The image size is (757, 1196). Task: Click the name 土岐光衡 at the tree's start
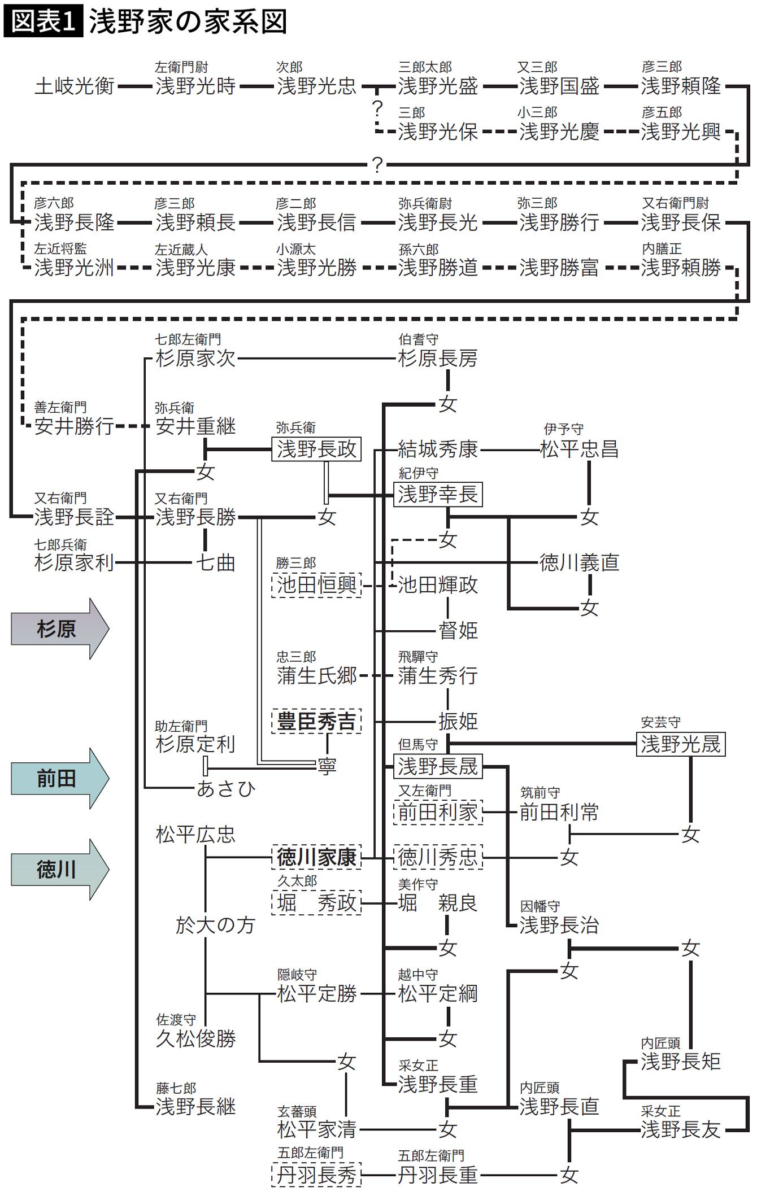pos(75,86)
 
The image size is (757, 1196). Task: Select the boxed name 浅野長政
pos(316,449)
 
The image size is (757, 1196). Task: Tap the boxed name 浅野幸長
pos(438,495)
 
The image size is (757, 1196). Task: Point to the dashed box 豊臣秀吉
pos(316,721)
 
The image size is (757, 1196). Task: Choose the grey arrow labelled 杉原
pos(59,628)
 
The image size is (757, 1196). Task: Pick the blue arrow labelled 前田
pos(59,779)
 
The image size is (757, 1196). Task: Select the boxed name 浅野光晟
pos(680,744)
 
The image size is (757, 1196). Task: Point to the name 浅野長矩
pos(680,1062)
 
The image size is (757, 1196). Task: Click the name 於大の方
pos(215,926)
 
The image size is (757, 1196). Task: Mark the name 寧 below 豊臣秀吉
pos(327,766)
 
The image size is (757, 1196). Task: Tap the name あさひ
pos(226,789)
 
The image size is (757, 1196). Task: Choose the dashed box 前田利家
pos(438,813)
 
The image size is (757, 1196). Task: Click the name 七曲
pos(215,563)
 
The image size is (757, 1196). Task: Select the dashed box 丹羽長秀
pos(316,1175)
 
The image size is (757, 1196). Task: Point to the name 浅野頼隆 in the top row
pos(680,86)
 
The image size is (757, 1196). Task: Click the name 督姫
pos(458,630)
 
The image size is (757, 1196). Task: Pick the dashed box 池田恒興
pos(316,585)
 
